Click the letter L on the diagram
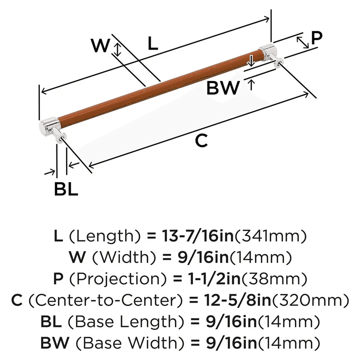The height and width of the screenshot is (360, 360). (153, 44)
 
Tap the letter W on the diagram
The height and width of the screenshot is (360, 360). (100, 46)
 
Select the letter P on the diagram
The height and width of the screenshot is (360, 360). (316, 38)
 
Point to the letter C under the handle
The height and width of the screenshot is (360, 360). (202, 140)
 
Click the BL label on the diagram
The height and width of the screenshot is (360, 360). (66, 189)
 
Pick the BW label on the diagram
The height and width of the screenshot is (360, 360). (223, 87)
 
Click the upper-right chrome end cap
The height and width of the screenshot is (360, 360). (268, 51)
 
